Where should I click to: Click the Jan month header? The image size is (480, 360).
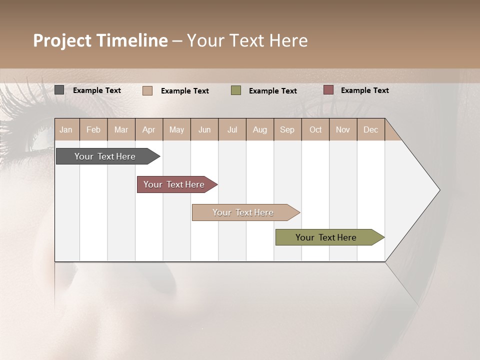pyautogui.click(x=66, y=129)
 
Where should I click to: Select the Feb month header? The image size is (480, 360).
pyautogui.click(x=93, y=129)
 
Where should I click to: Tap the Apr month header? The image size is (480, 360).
pyautogui.click(x=148, y=129)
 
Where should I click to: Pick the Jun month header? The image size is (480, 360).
pyautogui.click(x=204, y=129)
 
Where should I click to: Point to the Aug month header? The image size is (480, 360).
pyautogui.click(x=259, y=129)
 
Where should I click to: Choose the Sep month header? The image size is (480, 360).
pyautogui.click(x=287, y=129)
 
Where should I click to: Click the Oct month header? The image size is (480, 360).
pyautogui.click(x=315, y=129)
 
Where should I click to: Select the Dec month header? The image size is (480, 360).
pyautogui.click(x=370, y=129)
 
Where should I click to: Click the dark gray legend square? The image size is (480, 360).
pyautogui.click(x=59, y=90)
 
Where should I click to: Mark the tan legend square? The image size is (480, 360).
pyautogui.click(x=147, y=90)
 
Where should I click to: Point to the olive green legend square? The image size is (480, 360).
pyautogui.click(x=236, y=90)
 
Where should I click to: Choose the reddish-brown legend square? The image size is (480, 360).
pyautogui.click(x=328, y=90)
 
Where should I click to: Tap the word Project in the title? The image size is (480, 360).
pyautogui.click(x=62, y=40)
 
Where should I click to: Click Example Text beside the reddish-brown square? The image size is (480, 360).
pyautogui.click(x=364, y=90)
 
